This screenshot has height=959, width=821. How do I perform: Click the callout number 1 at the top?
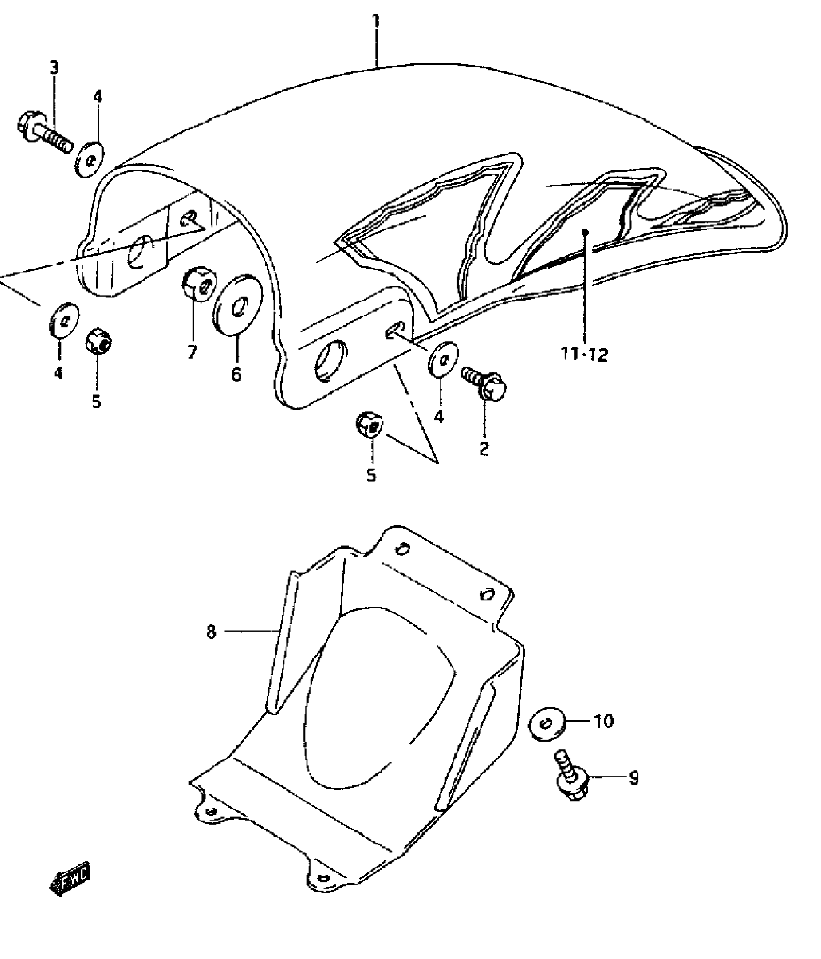(376, 22)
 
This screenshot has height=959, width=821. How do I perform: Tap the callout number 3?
(54, 68)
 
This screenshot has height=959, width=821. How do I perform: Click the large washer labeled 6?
(238, 303)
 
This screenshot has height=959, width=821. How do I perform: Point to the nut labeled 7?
(199, 285)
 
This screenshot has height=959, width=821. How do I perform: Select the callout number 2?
(484, 448)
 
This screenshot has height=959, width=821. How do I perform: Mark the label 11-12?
(584, 355)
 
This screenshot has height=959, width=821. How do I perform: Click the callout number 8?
(212, 631)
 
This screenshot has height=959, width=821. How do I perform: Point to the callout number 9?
(633, 778)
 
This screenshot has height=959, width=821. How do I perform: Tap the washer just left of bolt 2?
(442, 358)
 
